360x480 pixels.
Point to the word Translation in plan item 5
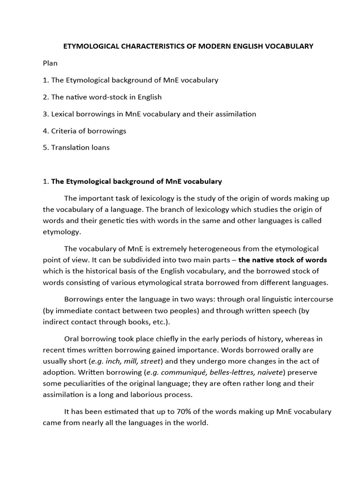click(71, 148)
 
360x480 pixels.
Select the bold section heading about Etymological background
click(136, 181)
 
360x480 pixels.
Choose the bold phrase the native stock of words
click(283, 260)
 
